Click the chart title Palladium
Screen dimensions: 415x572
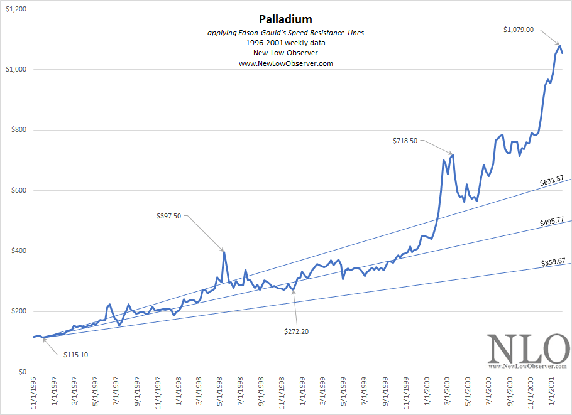tap(285, 19)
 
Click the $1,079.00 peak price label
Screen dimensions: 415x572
tap(518, 29)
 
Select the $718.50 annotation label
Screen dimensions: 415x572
tap(405, 141)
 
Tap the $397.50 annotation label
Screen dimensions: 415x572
tap(168, 216)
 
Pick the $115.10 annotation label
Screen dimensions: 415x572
tap(75, 355)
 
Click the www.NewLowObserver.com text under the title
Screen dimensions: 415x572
tap(285, 63)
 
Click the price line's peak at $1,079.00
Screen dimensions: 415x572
tap(559, 45)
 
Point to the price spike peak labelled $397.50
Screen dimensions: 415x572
tap(224, 252)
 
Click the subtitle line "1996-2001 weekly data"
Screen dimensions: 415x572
tap(285, 43)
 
